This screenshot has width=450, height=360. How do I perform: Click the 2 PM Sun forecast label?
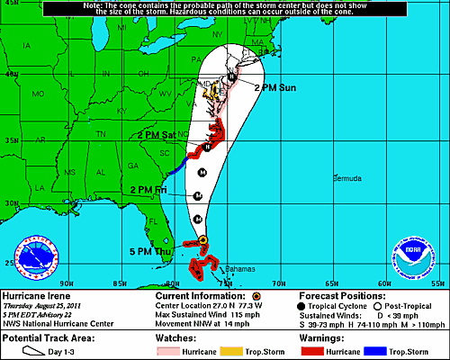point(275,87)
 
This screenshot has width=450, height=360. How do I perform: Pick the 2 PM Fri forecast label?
point(148,190)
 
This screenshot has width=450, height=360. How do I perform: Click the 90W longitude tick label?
point(60,283)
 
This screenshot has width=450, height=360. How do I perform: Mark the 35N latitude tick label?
point(8,142)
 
